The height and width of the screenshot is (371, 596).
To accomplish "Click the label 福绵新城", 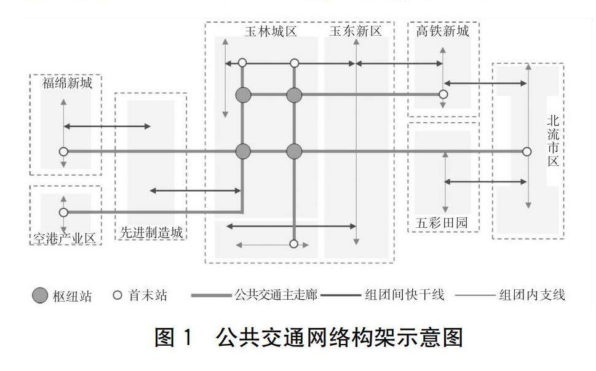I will (68, 84).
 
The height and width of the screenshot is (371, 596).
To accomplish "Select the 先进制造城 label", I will (151, 233).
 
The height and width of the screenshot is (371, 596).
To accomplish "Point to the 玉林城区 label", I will (271, 32).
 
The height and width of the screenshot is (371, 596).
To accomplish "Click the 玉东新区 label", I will (356, 32).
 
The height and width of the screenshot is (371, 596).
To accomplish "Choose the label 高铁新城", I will (442, 31).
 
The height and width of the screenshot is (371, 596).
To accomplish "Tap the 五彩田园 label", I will (442, 222).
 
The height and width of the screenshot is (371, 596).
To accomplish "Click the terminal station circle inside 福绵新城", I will (63, 151).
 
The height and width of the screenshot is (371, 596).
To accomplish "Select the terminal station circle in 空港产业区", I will (63, 213).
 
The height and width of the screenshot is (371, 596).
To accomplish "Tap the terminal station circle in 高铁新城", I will (443, 95).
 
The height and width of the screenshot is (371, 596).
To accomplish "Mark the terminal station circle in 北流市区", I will (526, 151).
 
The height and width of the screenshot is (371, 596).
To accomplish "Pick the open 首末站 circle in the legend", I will (117, 295).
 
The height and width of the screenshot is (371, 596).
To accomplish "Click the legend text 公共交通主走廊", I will (276, 295).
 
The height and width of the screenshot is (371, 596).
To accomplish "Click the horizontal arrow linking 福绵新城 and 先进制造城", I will (107, 127).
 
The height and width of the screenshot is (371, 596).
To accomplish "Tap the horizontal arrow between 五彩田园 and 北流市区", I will (485, 182).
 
